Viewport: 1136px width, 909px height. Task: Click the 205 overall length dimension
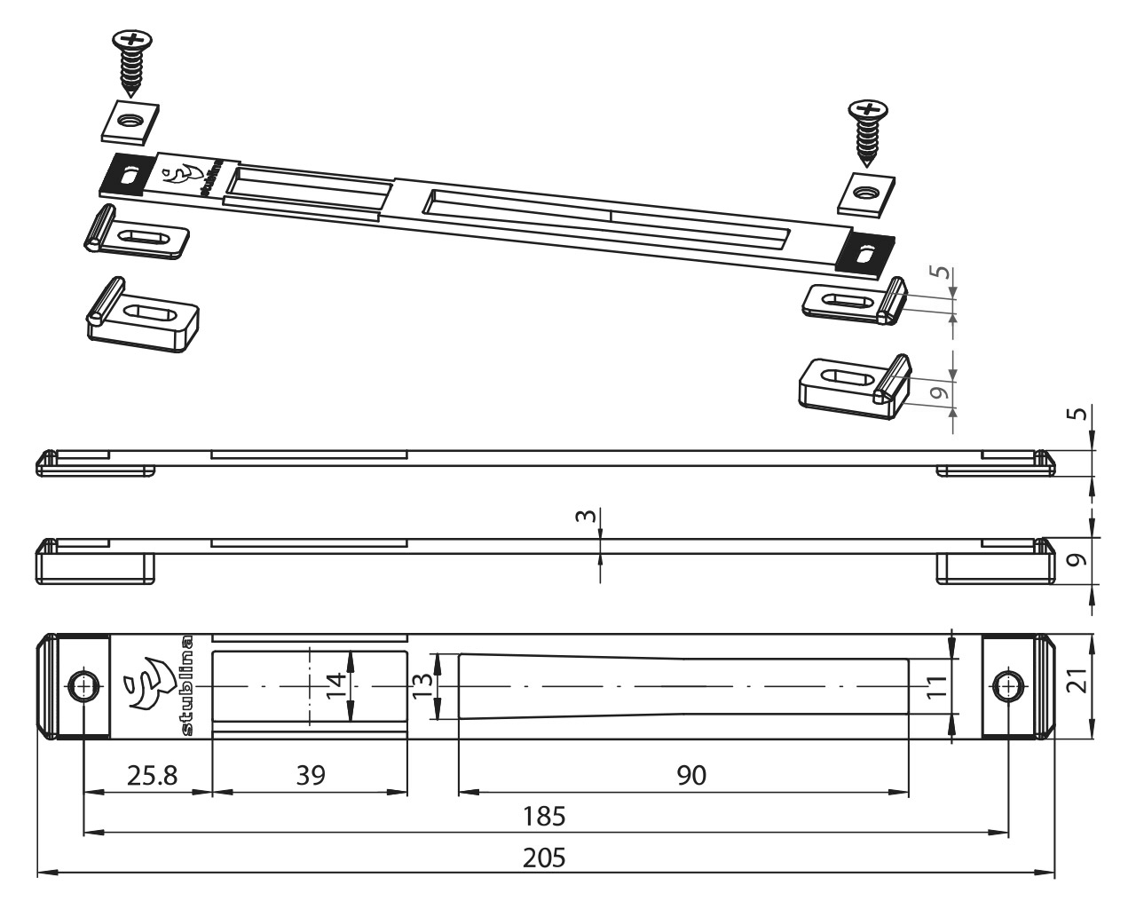[x=544, y=858]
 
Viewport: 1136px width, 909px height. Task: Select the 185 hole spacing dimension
[x=544, y=817]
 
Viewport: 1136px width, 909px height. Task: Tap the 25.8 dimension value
[x=152, y=775]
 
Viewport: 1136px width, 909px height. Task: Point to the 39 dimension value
[x=311, y=775]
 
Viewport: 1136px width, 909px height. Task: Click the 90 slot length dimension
[x=691, y=775]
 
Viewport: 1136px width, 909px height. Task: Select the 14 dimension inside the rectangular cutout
[x=335, y=685]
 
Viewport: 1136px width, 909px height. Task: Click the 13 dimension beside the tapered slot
[x=422, y=685]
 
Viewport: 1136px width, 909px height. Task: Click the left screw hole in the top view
[x=84, y=686]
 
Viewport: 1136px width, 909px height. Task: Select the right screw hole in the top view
[x=1009, y=686]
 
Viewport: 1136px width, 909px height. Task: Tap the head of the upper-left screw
[x=132, y=40]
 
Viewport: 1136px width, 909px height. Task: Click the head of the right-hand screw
[x=868, y=109]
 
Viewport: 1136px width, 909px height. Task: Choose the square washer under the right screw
[x=865, y=194]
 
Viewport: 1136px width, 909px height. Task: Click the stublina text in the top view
[x=187, y=685]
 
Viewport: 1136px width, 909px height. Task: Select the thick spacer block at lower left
[x=143, y=315]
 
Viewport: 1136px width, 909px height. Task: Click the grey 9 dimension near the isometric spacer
[x=937, y=392]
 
